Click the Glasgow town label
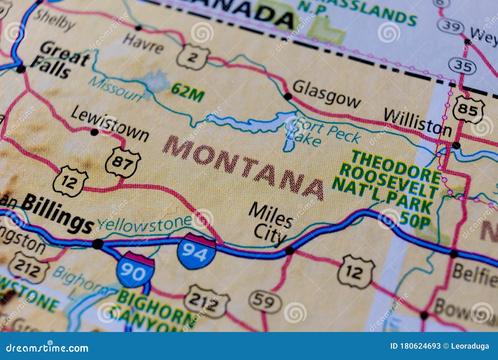pos(326,93)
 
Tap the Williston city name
pos(417,123)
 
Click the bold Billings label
pos(58,215)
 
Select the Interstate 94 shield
pos(196,251)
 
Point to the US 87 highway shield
pos(123,162)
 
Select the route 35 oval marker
pos(462,66)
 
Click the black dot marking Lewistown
pos(94,133)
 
